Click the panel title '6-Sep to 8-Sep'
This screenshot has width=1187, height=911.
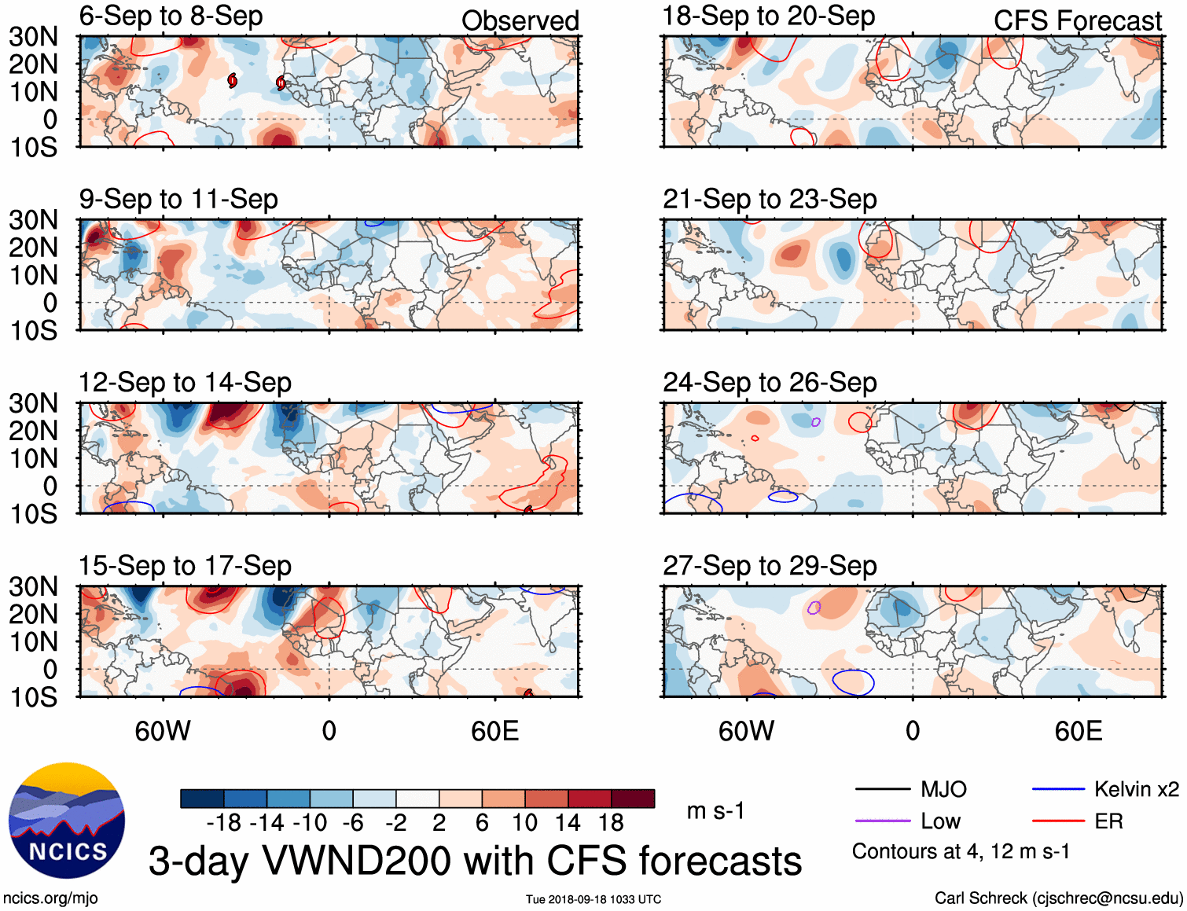coord(171,17)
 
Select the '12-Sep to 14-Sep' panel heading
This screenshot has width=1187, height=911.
coord(185,383)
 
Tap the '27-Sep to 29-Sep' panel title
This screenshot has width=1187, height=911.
coord(770,566)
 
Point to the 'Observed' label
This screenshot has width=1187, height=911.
coord(520,21)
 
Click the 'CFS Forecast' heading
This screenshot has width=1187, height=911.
coord(1077,21)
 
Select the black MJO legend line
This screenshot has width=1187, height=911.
coord(882,789)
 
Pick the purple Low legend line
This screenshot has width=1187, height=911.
coord(882,821)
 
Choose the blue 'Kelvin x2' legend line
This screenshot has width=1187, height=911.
coord(1058,789)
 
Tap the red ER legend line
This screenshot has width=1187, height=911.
coord(1058,821)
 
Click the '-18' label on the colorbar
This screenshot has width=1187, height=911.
coord(223,823)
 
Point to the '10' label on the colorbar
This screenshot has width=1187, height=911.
coord(524,823)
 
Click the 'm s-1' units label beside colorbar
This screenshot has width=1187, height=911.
coord(715,811)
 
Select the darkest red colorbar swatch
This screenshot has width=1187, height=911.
coord(633,799)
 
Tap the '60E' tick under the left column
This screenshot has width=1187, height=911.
coord(494,731)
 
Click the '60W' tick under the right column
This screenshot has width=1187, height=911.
coord(746,731)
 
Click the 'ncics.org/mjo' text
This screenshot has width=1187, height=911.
coord(50,898)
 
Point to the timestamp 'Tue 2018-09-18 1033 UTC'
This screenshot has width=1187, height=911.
coord(593,899)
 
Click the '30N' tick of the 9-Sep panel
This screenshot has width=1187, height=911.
coord(33,221)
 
